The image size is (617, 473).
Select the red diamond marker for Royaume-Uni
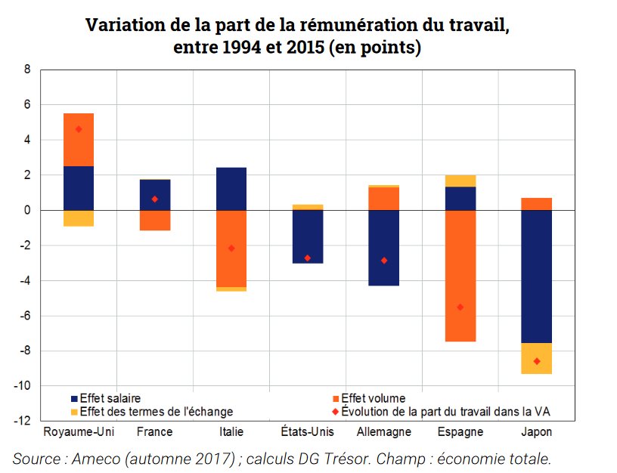coord(79,129)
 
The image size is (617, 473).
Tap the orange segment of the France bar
coord(155,220)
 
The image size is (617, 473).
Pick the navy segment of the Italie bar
coord(231,189)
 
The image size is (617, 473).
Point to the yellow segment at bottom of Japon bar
coord(536,358)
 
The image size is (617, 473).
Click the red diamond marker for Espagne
coord(460,307)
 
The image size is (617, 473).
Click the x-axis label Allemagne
coord(383,432)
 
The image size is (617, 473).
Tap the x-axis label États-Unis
coord(307,432)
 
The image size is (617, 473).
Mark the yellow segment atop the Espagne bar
coord(460,181)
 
